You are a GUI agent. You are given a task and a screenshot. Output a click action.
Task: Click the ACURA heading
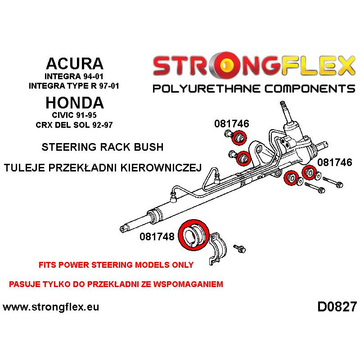74,63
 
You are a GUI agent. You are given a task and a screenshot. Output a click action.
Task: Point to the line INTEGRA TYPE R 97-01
74,85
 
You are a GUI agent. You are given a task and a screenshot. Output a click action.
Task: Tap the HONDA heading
74,103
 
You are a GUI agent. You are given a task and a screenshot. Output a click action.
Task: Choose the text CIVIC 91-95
74,116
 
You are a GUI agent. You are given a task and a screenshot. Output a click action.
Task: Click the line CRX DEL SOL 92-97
74,125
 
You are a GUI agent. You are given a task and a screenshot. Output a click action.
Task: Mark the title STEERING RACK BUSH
102,147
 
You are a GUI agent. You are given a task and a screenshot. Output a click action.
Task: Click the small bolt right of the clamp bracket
238,248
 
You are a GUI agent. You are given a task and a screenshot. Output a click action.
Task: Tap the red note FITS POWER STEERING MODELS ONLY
116,265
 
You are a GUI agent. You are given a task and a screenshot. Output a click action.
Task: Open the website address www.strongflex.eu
51,307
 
